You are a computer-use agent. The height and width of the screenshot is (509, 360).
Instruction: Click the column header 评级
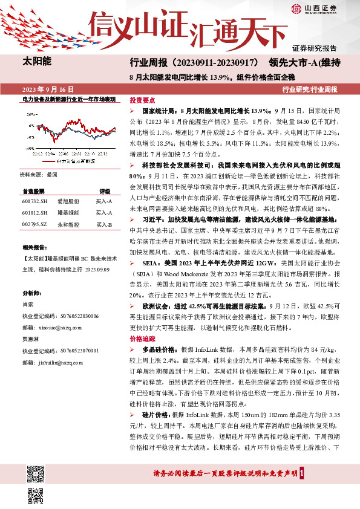point(104,190)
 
